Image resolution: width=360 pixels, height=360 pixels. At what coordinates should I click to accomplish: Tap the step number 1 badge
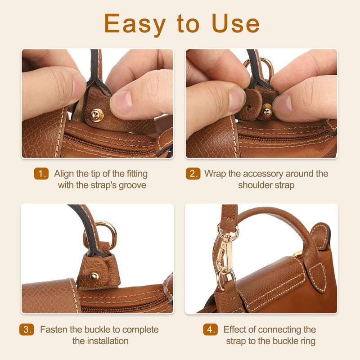41,174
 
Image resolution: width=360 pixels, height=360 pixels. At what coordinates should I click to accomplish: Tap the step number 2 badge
193,174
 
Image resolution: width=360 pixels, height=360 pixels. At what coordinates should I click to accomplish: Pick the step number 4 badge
210,329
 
